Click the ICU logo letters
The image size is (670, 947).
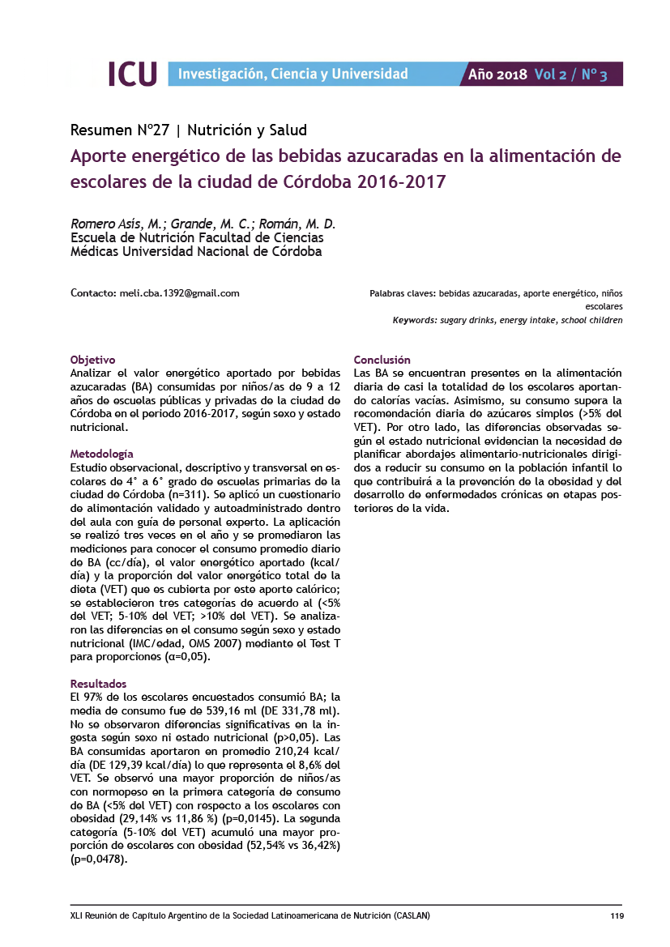[x=132, y=74]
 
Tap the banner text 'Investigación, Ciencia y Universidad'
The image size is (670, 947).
[x=292, y=75]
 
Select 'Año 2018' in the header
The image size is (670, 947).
[x=498, y=75]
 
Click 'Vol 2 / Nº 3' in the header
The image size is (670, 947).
[x=570, y=75]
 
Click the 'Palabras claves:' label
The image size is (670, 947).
[x=403, y=294]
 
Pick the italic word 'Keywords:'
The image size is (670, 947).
[x=415, y=321]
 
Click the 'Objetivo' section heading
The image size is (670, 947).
[x=93, y=360]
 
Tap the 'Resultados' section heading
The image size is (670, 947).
[x=99, y=684]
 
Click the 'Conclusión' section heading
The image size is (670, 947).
[x=382, y=360]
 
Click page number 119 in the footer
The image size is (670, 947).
[x=617, y=915]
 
